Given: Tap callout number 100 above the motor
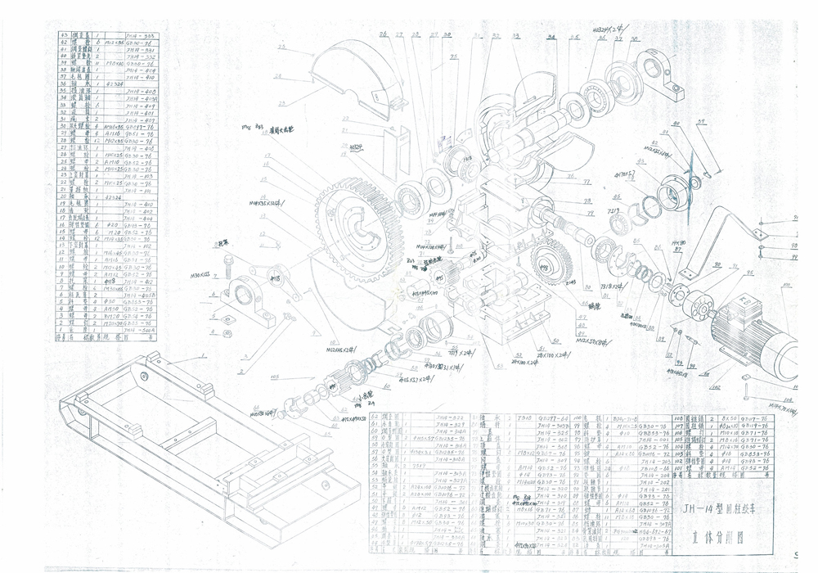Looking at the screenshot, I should (787, 286).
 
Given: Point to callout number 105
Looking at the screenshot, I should (275, 377).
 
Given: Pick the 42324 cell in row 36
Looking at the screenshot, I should (114, 83).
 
